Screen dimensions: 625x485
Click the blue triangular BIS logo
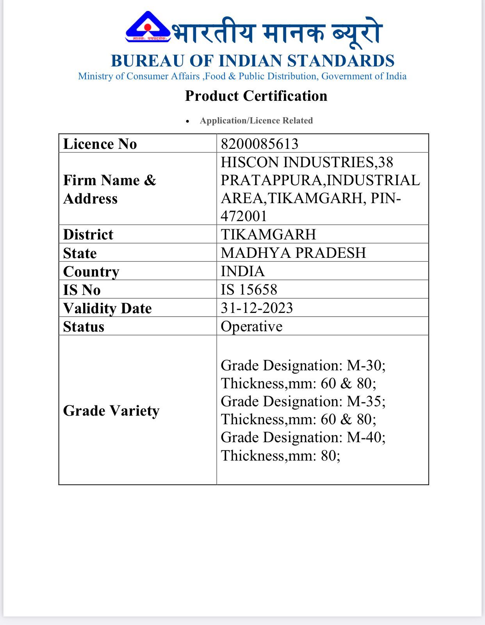tap(148, 27)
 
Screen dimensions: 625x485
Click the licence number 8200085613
tap(259, 144)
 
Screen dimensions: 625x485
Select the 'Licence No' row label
tap(100, 144)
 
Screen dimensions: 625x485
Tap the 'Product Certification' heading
tap(256, 96)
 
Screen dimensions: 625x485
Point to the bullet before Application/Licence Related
tap(188, 121)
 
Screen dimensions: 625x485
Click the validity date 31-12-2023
tap(257, 308)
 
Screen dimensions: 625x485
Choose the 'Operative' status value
tap(251, 326)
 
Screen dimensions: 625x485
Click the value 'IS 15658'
tap(249, 289)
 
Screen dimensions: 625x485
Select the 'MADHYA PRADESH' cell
tap(293, 253)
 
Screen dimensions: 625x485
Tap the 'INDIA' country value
tap(242, 271)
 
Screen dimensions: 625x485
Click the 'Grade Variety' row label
tap(111, 411)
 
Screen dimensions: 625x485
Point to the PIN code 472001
tap(244, 216)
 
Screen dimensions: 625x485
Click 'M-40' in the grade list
tap(365, 437)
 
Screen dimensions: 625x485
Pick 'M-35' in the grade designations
tap(365, 402)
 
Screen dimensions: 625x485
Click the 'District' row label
tap(88, 234)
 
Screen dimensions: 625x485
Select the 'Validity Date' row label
tap(107, 308)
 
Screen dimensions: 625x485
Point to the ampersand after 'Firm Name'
tap(150, 180)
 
